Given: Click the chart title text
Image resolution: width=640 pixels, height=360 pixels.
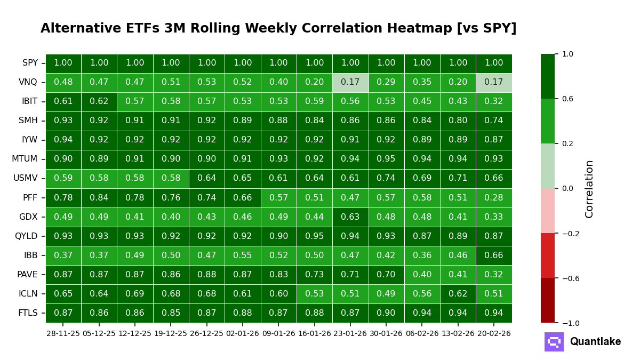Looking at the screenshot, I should click(278, 29).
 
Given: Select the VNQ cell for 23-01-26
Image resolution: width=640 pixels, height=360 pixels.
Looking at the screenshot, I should click(350, 83).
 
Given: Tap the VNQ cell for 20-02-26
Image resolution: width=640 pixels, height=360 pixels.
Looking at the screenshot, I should click(494, 83).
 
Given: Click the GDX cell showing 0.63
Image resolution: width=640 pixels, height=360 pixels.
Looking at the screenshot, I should click(350, 217).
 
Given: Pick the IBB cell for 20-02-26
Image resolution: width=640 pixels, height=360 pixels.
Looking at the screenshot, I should click(494, 255).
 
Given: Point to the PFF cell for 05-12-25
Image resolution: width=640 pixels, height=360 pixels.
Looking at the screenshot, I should click(99, 198).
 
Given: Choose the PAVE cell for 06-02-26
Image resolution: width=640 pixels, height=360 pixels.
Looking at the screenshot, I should click(422, 275).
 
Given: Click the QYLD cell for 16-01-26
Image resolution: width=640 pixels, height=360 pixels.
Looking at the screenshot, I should click(315, 236).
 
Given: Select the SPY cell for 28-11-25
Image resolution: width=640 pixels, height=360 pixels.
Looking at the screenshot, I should click(63, 63).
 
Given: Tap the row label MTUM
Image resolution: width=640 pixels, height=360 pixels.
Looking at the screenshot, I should click(25, 159).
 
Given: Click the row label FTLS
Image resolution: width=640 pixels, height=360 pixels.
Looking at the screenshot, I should click(28, 313).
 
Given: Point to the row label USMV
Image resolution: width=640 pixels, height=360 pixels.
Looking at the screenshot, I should click(25, 179).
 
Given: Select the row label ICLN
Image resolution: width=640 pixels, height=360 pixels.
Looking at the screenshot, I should click(28, 294).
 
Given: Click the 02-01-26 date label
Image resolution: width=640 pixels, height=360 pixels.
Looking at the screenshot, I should click(243, 334).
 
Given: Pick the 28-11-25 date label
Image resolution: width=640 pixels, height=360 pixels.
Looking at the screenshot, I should click(63, 334).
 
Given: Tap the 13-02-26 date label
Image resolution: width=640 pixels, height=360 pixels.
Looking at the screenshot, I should click(458, 334).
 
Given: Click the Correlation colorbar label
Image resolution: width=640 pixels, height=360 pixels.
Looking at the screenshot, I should click(589, 189).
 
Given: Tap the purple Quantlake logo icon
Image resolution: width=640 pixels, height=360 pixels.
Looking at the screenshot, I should click(554, 342).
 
